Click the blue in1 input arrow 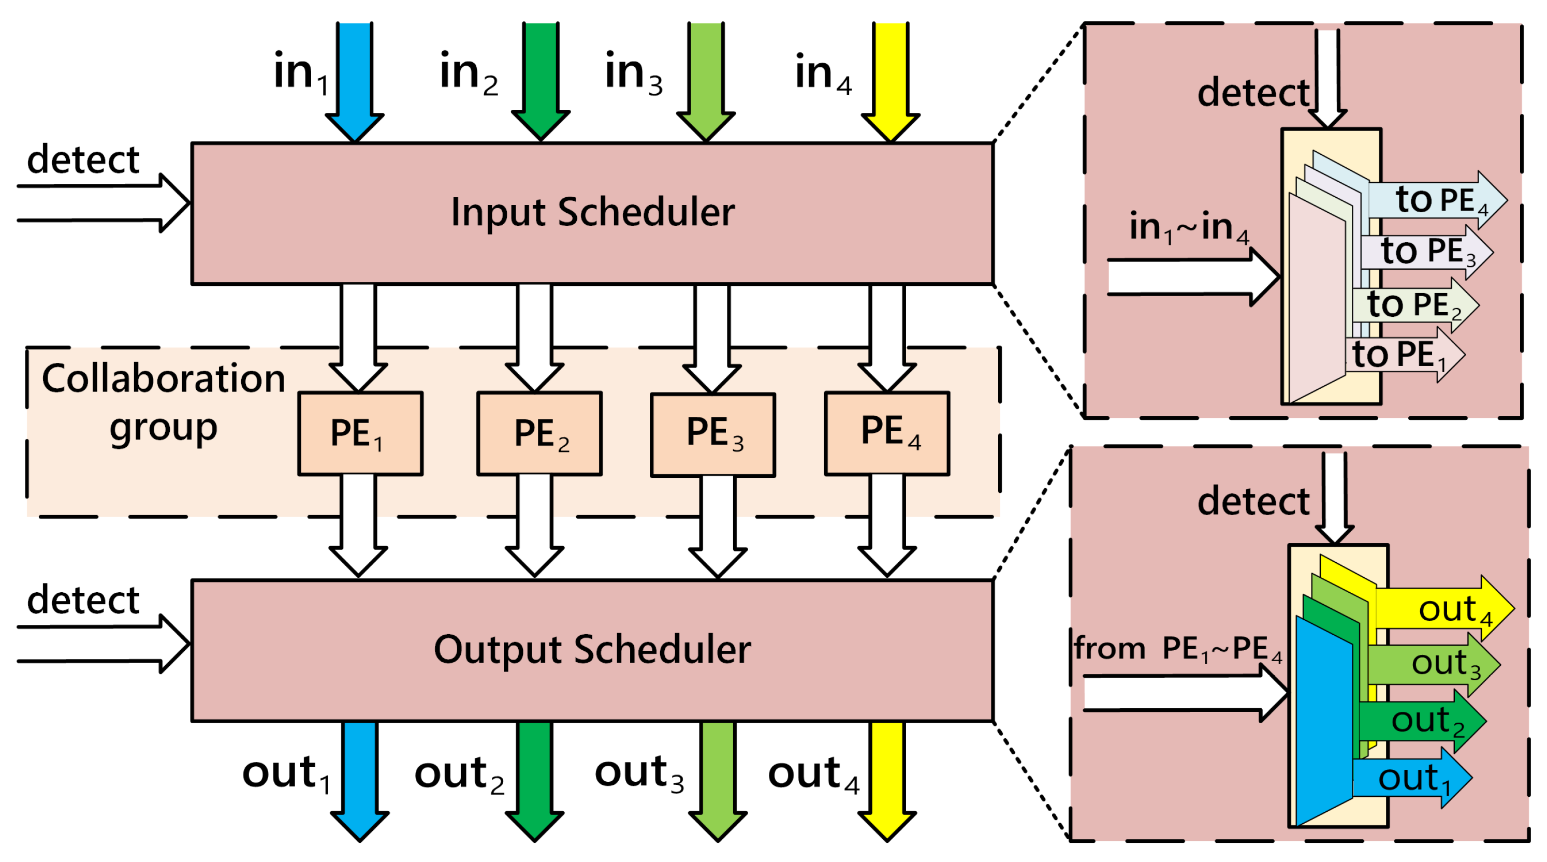click(355, 78)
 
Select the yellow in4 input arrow click(890, 78)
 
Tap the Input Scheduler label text click(592, 212)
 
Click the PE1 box click(360, 433)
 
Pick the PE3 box click(713, 434)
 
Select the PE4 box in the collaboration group click(887, 433)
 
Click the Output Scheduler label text click(592, 649)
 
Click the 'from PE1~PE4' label click(1177, 649)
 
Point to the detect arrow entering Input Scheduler click(102, 203)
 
